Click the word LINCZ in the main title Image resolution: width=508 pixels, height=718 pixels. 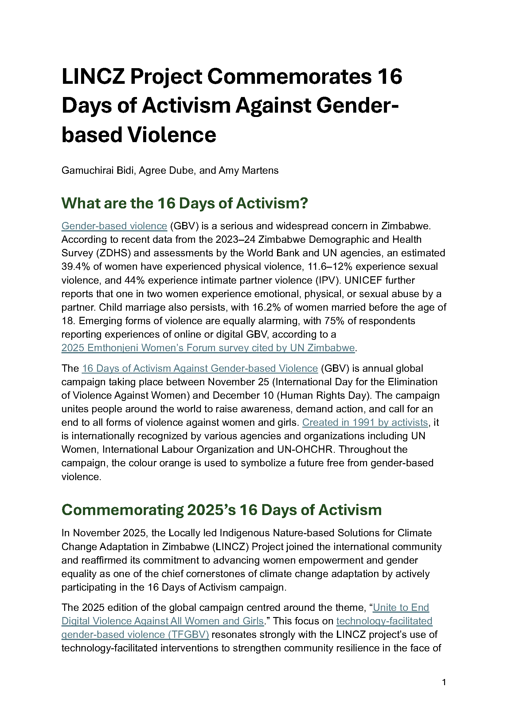pos(93,77)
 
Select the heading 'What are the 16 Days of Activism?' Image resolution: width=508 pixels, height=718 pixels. pos(185,203)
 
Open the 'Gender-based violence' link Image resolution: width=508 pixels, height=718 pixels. pos(114,226)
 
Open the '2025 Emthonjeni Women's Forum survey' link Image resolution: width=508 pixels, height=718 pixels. pos(208,348)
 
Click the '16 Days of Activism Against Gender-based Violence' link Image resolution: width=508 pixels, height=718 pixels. pos(200,368)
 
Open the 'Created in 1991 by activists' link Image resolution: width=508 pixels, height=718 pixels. pos(365,422)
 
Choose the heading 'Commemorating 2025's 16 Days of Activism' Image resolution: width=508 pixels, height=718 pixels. pos(221,510)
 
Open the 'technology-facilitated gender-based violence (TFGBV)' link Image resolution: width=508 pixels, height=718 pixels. pos(135,635)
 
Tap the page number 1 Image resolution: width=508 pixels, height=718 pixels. pos(444,682)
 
